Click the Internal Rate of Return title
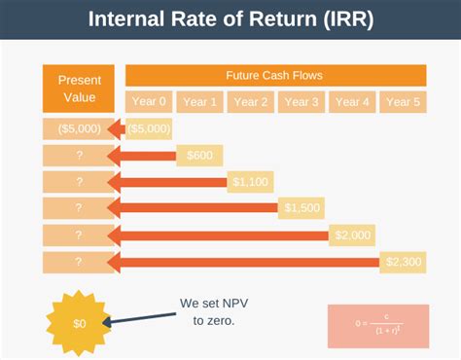click(x=230, y=20)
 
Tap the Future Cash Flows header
click(x=275, y=75)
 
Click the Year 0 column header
click(x=149, y=102)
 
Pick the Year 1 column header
click(x=199, y=102)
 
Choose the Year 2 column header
click(x=250, y=102)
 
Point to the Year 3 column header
click(x=301, y=102)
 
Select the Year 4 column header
click(x=351, y=102)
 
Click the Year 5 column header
click(x=402, y=102)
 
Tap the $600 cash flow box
click(x=199, y=155)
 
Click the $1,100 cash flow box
click(x=251, y=181)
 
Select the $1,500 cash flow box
click(x=301, y=207)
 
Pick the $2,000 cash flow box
click(x=351, y=234)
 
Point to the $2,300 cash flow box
click(x=403, y=261)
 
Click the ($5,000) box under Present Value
click(x=73, y=128)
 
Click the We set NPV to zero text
click(x=207, y=310)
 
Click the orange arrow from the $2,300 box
click(x=243, y=261)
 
